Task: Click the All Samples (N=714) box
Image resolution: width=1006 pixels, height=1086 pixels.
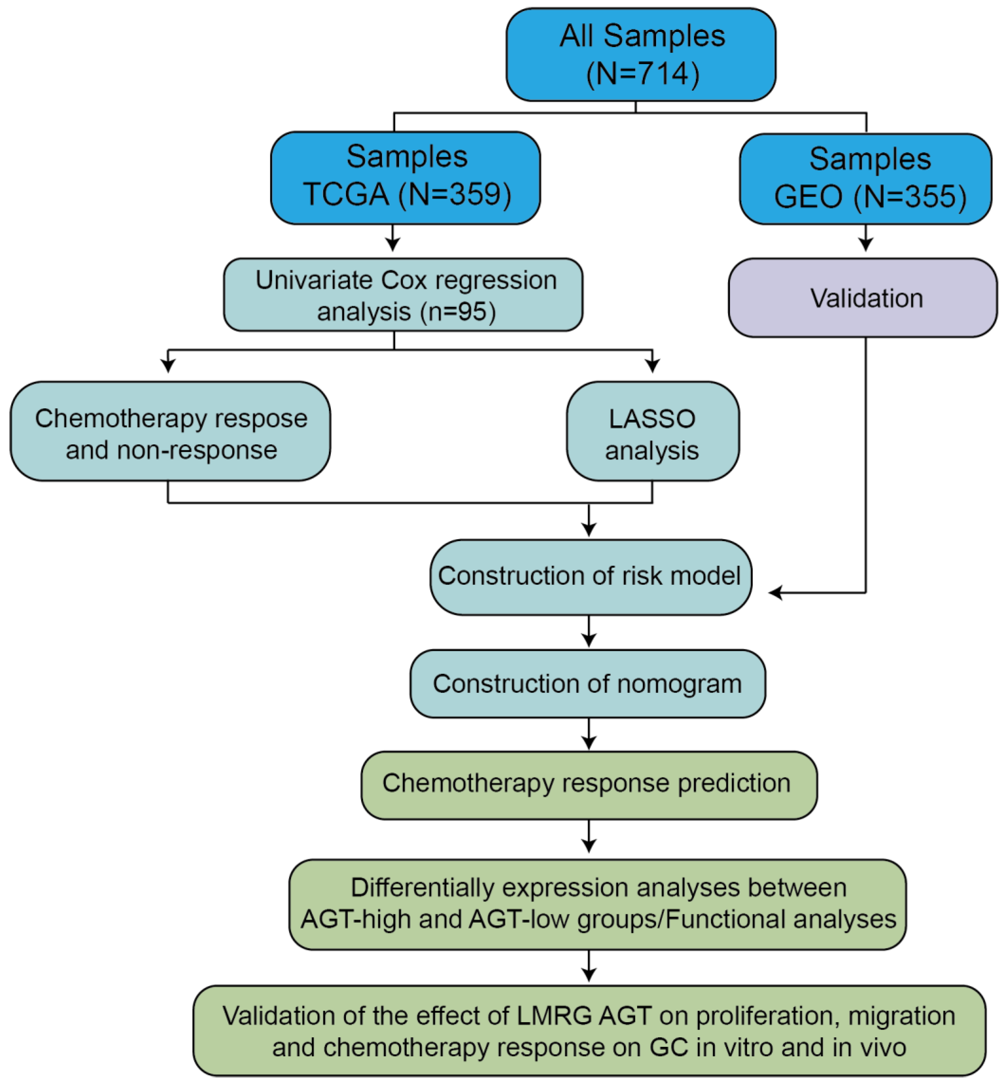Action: (641, 54)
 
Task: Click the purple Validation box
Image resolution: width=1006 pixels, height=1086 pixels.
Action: (863, 298)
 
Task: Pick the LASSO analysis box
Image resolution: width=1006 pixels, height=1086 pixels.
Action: (653, 431)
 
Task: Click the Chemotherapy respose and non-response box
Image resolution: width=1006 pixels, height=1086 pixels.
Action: (171, 431)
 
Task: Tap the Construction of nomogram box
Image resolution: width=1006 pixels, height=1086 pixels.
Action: (588, 684)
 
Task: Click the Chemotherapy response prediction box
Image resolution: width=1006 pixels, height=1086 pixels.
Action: (589, 785)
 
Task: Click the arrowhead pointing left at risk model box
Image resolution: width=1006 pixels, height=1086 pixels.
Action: (775, 592)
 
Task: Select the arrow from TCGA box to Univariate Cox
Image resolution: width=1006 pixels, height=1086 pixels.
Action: (392, 238)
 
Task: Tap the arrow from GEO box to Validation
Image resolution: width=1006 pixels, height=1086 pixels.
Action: (865, 238)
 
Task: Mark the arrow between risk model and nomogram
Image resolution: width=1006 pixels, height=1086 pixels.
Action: (589, 632)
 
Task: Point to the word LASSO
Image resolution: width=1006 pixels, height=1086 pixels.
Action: (652, 419)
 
